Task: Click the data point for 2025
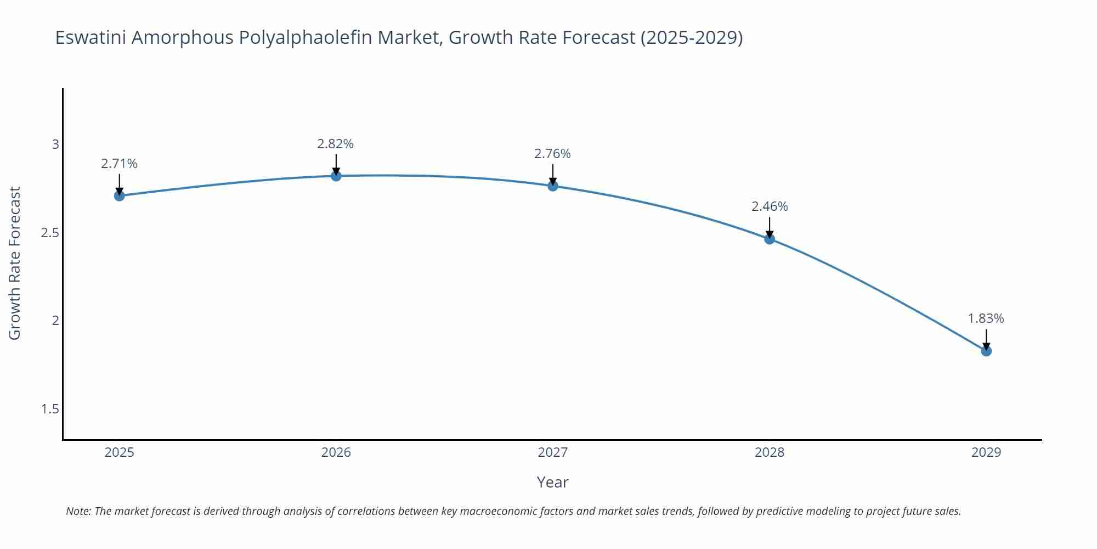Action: click(119, 195)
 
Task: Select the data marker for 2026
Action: click(336, 176)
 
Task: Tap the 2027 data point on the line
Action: click(553, 186)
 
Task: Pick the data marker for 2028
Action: click(770, 239)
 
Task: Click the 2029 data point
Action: click(986, 351)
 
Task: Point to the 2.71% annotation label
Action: click(119, 164)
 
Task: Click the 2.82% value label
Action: click(335, 144)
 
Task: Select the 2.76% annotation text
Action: click(552, 154)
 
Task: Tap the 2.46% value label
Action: click(770, 206)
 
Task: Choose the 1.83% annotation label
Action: click(986, 318)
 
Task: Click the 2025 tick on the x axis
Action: click(119, 452)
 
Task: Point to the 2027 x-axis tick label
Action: click(553, 452)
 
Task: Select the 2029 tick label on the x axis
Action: click(986, 452)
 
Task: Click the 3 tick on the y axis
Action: click(55, 144)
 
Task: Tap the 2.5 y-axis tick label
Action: click(50, 233)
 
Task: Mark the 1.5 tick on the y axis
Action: click(50, 409)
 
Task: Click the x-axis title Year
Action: click(552, 482)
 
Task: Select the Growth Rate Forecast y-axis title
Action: click(15, 263)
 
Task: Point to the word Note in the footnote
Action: click(78, 511)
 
